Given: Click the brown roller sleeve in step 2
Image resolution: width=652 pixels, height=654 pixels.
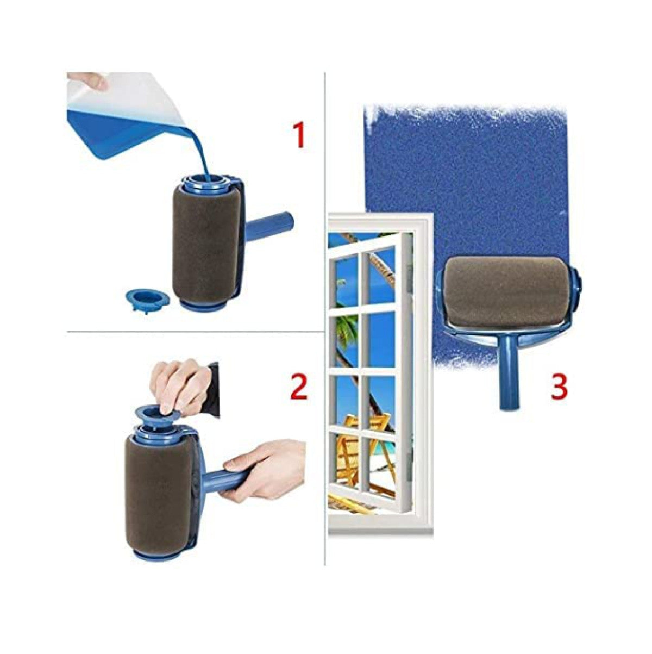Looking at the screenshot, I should [x=155, y=492].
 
